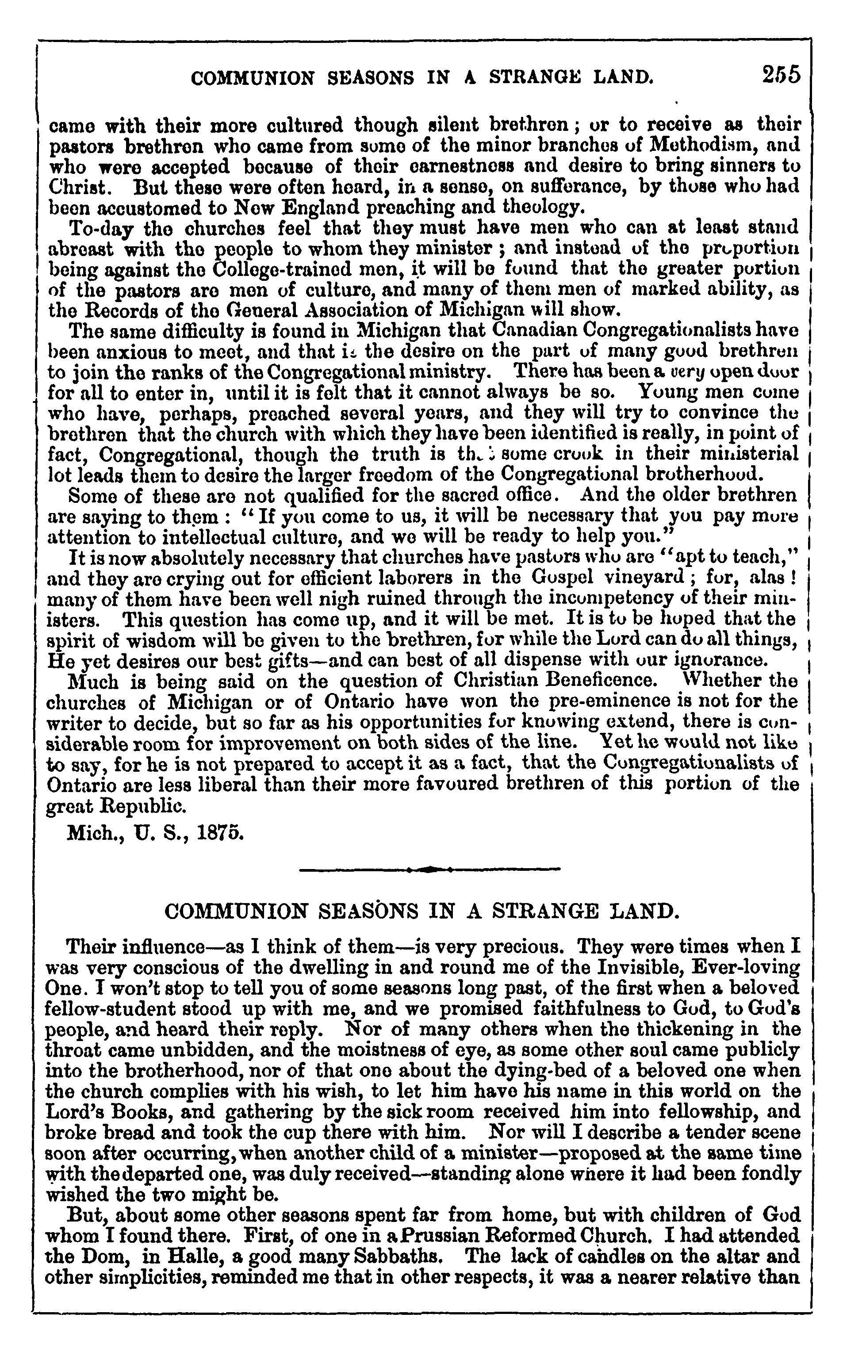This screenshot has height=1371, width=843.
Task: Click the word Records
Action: pyautogui.click(x=109, y=310)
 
